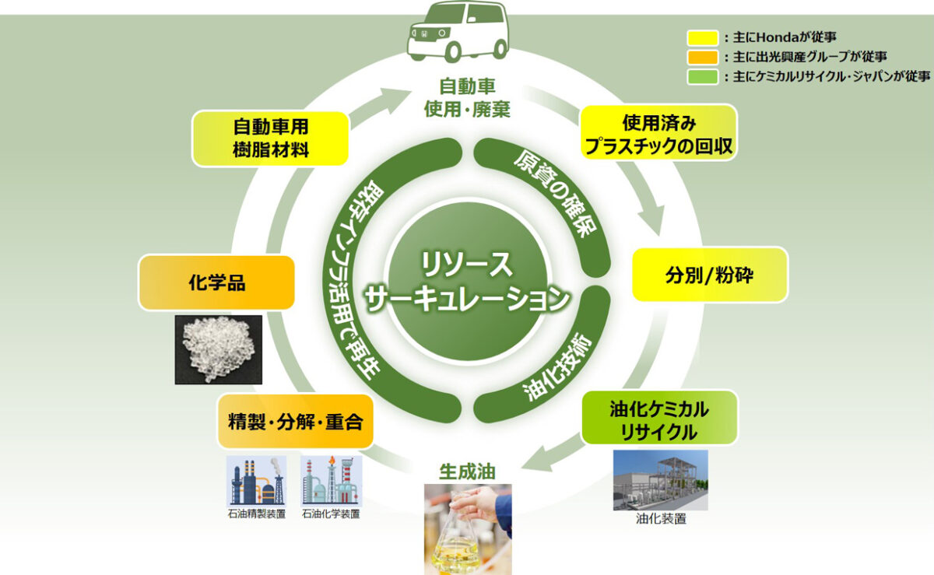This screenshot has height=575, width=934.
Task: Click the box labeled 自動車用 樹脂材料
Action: pyautogui.click(x=271, y=138)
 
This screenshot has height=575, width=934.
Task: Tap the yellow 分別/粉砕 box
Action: pyautogui.click(x=709, y=275)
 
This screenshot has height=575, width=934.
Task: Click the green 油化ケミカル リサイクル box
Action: pyautogui.click(x=658, y=417)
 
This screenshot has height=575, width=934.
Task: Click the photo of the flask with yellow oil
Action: pyautogui.click(x=467, y=529)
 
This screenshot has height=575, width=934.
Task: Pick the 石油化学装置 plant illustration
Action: pyautogui.click(x=331, y=482)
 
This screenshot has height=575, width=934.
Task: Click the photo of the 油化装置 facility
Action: pyautogui.click(x=660, y=479)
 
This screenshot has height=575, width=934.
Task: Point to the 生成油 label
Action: pyautogui.click(x=467, y=471)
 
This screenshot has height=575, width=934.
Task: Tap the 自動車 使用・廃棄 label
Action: pyautogui.click(x=467, y=96)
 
